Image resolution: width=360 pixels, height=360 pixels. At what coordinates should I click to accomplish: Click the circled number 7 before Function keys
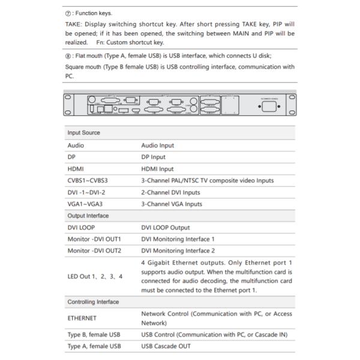click(x=68, y=12)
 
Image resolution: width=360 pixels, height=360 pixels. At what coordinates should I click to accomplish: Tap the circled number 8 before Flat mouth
click(x=68, y=56)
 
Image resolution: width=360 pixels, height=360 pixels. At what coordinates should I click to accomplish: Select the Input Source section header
click(x=83, y=133)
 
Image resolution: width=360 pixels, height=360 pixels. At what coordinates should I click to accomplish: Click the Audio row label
click(x=76, y=145)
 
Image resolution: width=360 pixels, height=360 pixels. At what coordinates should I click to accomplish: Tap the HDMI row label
click(x=76, y=169)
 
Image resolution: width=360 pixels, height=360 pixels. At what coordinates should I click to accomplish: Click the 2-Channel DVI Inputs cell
click(x=170, y=193)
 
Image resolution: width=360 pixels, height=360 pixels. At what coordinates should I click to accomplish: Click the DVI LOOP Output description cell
click(x=165, y=227)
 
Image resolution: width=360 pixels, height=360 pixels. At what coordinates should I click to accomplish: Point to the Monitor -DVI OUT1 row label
click(x=94, y=239)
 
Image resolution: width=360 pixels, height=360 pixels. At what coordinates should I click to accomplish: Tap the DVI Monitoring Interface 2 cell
click(x=178, y=251)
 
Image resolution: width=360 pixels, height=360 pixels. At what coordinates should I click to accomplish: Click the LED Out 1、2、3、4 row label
click(x=95, y=276)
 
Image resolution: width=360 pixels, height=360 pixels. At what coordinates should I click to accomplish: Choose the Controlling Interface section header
click(x=93, y=302)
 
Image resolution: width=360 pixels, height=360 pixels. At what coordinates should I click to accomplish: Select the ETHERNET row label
click(x=82, y=318)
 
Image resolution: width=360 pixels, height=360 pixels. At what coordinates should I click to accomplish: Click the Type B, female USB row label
click(x=94, y=334)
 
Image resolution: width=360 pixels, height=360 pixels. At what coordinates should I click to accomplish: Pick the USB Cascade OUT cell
click(x=165, y=346)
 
